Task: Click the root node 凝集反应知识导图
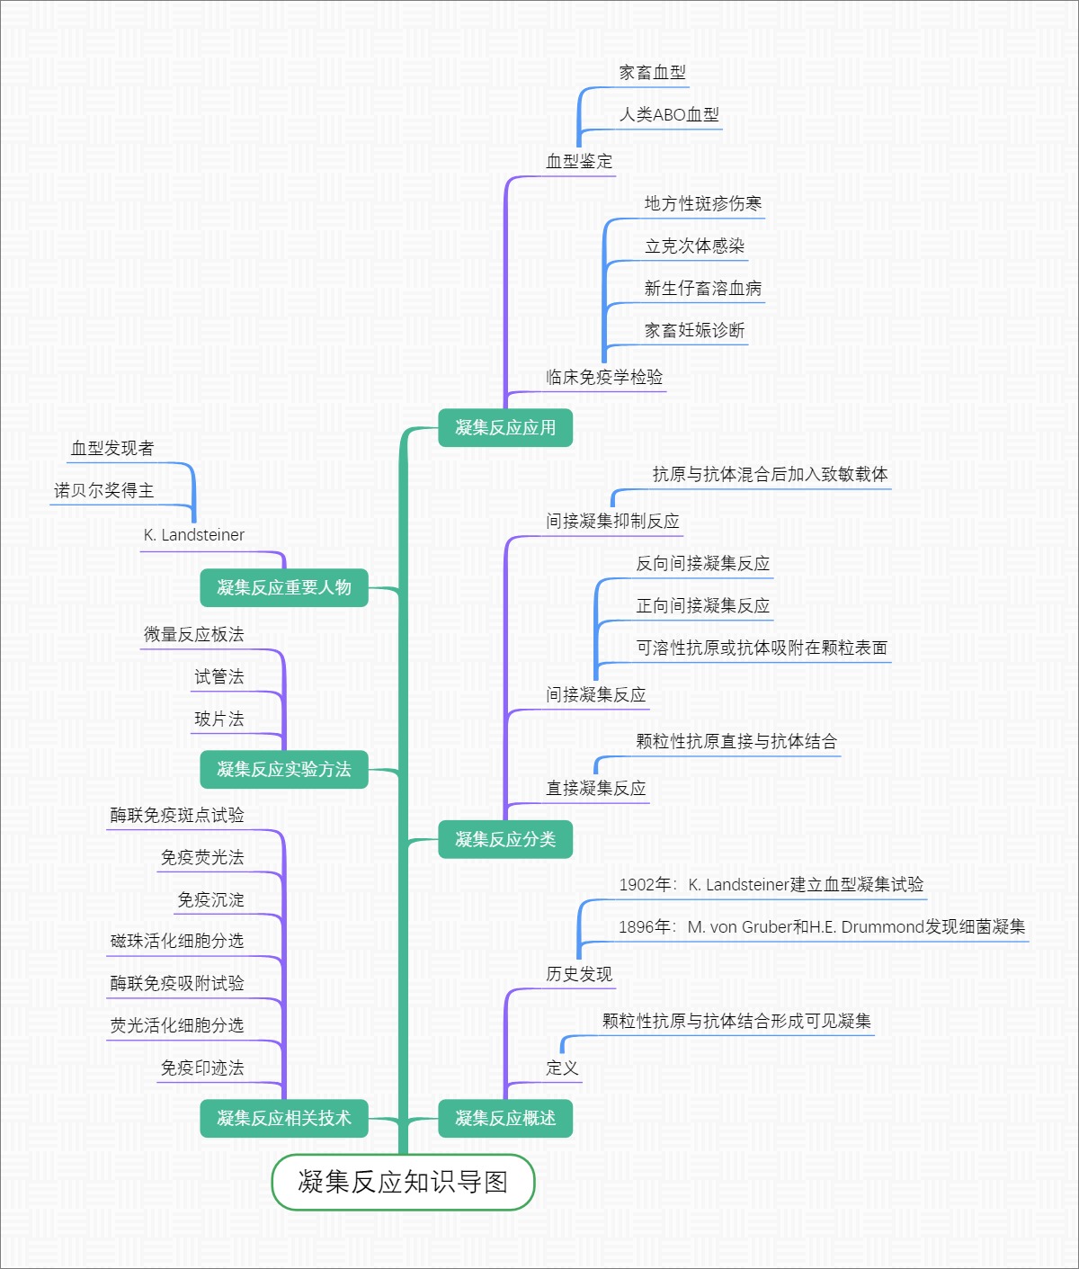(x=403, y=1182)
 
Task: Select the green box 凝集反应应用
(x=505, y=428)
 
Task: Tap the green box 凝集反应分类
(x=505, y=840)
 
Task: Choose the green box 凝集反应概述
(x=505, y=1119)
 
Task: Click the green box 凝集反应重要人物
(x=284, y=588)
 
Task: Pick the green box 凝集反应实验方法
(x=284, y=770)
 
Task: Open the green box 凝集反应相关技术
(x=284, y=1119)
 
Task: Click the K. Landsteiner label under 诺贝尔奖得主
(x=194, y=535)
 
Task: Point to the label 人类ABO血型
(x=669, y=115)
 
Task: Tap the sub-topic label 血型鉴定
(x=579, y=162)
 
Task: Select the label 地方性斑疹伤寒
(x=703, y=204)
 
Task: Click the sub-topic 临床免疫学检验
(x=604, y=378)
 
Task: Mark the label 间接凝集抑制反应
(x=612, y=522)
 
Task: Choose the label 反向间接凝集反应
(x=703, y=564)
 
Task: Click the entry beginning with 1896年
(x=821, y=927)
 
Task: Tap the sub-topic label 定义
(x=562, y=1068)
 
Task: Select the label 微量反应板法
(x=194, y=635)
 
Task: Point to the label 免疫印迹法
(x=202, y=1068)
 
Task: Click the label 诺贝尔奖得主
(x=104, y=491)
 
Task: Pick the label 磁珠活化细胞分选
(x=177, y=942)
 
